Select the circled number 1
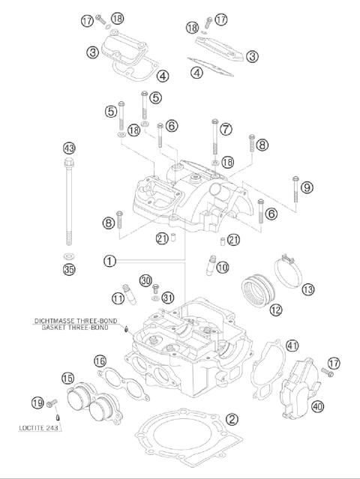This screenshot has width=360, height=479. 109,261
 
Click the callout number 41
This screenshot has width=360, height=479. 292,345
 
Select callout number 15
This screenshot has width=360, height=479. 68,378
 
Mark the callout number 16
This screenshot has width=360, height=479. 100,362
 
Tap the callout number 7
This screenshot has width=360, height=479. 226,128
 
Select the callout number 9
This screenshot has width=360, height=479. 307,187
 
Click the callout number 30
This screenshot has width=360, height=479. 145,280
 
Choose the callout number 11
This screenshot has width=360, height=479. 118,298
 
